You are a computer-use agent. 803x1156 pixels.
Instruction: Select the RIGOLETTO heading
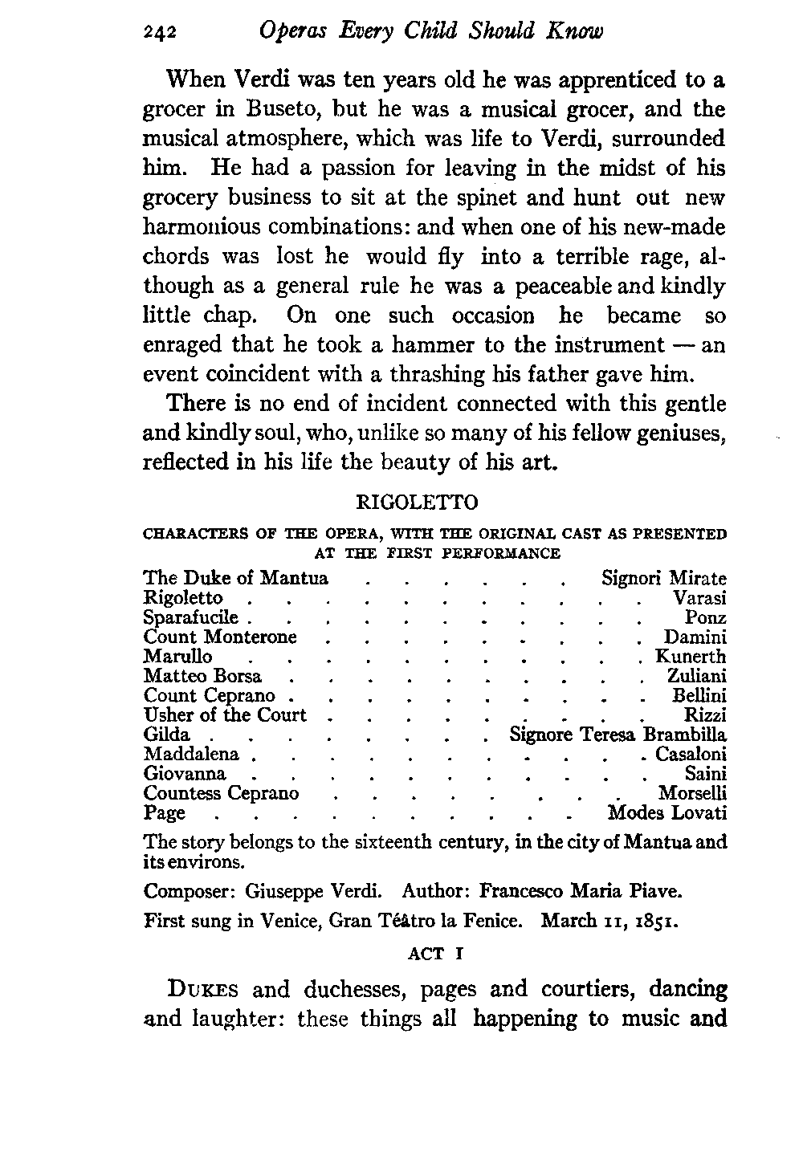tap(416, 503)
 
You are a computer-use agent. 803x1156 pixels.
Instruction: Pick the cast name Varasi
tap(699, 598)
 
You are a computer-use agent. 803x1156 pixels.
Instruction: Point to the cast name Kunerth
tap(691, 657)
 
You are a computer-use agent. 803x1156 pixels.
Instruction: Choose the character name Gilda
tap(167, 735)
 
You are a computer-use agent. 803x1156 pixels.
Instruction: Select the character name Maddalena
tap(191, 755)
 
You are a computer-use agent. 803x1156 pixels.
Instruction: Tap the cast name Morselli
tap(692, 794)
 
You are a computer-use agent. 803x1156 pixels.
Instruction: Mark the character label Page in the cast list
tap(164, 813)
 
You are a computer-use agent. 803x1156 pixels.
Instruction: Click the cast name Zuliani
tap(697, 677)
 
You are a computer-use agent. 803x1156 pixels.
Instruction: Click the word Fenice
tap(495, 921)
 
